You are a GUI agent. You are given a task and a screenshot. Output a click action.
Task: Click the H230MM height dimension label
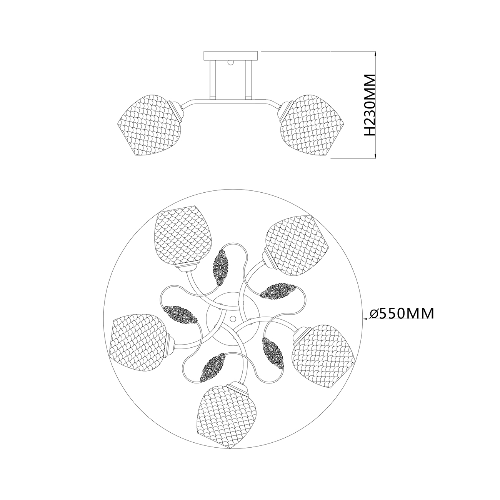tap(370, 105)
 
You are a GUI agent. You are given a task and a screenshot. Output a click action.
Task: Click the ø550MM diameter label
tap(402, 313)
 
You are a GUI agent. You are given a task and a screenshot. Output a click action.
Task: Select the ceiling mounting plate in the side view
tap(231, 55)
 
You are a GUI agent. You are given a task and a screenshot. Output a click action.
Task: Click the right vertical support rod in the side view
tap(248, 79)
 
